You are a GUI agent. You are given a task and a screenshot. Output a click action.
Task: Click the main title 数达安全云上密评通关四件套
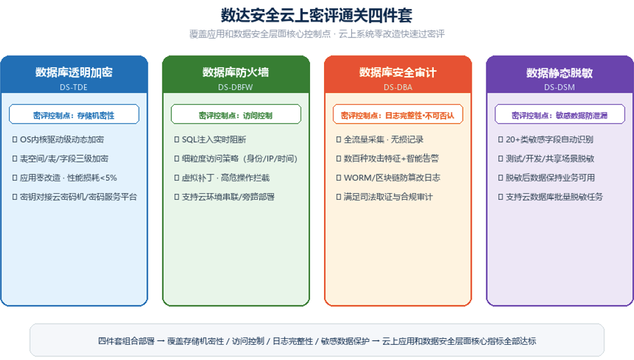click(x=316, y=15)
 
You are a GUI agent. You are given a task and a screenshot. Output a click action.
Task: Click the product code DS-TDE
click(x=74, y=87)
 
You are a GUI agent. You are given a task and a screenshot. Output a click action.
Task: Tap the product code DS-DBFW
click(x=235, y=87)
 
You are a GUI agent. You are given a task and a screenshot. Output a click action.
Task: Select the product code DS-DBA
click(x=398, y=87)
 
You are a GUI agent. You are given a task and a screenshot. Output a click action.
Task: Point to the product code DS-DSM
click(x=560, y=87)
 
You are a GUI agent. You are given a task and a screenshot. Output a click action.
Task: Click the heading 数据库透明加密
click(x=74, y=72)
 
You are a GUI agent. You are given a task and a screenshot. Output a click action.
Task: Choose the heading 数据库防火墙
click(x=236, y=72)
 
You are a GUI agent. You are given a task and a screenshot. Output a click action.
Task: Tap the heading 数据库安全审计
click(x=398, y=72)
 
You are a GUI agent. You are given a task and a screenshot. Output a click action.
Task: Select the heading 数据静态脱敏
click(x=560, y=73)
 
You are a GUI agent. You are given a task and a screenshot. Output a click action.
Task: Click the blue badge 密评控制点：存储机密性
click(x=74, y=114)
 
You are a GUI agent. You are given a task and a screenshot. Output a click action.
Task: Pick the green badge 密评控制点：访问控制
click(x=236, y=114)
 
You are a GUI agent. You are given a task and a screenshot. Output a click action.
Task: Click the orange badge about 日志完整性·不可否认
click(x=398, y=114)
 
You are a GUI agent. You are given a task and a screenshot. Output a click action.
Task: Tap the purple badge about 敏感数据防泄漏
click(x=560, y=114)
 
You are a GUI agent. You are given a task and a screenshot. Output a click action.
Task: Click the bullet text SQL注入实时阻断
click(x=214, y=139)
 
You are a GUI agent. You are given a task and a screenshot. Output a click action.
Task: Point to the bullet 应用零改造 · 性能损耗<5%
click(x=68, y=177)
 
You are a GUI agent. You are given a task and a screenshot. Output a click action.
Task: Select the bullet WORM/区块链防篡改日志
click(x=392, y=177)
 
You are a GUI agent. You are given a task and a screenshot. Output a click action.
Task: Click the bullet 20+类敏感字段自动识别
click(x=550, y=139)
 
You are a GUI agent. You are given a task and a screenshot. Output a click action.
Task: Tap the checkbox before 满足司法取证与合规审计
click(x=339, y=196)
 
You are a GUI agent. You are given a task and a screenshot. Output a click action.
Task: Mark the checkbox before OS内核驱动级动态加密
click(x=15, y=139)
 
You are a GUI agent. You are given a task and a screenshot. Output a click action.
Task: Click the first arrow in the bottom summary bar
click(x=161, y=342)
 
